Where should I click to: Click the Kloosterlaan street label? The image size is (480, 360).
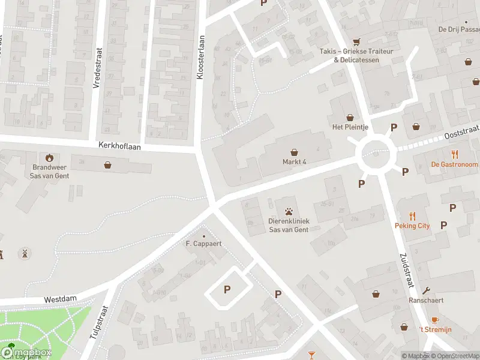click(202, 57)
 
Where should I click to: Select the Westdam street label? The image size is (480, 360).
click(61, 299)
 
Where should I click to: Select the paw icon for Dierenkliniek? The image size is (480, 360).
click(289, 211)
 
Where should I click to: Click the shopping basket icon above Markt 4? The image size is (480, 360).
click(294, 152)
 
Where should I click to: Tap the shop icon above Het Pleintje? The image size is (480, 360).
click(349, 118)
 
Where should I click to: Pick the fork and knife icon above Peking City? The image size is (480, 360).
click(412, 216)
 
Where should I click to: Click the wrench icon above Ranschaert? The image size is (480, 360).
click(426, 291)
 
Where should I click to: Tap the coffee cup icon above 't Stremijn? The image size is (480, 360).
click(434, 320)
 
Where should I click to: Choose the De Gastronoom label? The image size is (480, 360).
click(454, 164)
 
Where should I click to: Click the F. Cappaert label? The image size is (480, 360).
click(203, 244)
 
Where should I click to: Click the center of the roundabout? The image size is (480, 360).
click(376, 155)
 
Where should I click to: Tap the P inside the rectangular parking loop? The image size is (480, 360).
click(227, 290)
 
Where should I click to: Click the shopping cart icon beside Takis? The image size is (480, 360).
click(357, 42)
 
